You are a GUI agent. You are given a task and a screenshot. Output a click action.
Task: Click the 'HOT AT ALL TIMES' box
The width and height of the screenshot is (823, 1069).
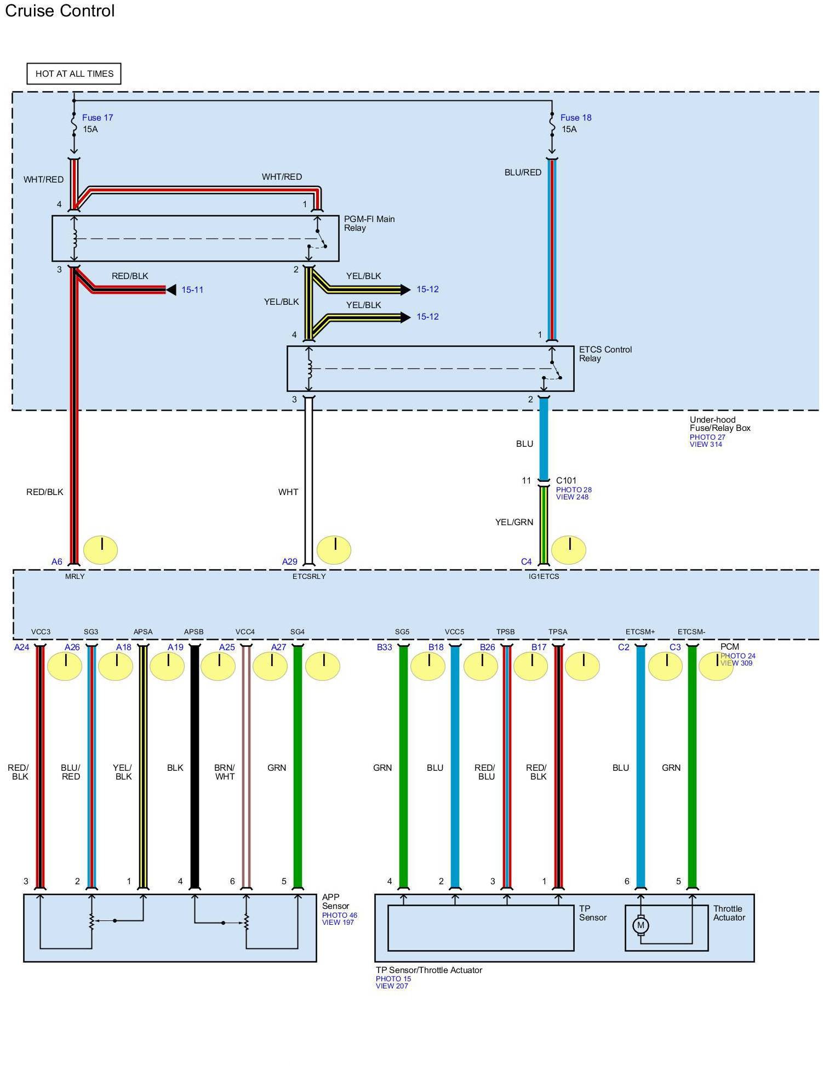coord(74,74)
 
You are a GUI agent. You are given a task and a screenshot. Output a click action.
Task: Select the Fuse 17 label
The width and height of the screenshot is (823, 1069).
coord(97,117)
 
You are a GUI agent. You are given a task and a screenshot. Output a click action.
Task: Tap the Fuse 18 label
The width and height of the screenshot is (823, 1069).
coord(575,117)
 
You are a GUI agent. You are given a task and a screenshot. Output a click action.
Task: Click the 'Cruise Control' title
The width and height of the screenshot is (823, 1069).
coord(60,11)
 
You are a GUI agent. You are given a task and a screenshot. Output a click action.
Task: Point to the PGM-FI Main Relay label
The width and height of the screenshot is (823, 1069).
coord(369,223)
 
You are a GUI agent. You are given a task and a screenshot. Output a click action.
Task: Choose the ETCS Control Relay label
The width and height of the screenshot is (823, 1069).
coord(605,354)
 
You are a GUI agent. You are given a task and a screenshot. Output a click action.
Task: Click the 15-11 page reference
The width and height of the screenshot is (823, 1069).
coord(192,289)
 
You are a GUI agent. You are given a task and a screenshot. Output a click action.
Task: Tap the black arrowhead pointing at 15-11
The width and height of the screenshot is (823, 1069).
coord(171,289)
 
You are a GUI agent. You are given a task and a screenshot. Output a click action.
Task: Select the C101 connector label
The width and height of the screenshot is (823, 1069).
coord(566,480)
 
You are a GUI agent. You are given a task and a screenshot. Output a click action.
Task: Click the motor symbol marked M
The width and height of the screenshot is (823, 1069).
coord(640,925)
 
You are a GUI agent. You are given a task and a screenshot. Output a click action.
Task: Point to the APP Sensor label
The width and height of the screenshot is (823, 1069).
coord(335,901)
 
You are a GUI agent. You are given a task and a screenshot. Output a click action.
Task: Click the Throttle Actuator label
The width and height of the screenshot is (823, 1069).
coord(729,913)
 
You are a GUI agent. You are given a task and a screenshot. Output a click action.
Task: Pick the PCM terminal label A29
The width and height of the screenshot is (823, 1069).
coord(289,561)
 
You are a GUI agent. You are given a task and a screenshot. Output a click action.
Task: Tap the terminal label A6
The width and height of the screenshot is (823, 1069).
coord(57,561)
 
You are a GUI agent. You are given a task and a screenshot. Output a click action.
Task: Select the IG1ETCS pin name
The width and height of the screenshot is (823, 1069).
coord(544,576)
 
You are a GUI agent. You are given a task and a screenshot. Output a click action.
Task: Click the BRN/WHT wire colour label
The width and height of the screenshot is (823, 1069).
coord(225,772)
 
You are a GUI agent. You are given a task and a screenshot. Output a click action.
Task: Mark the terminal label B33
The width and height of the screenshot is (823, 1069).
coord(384,647)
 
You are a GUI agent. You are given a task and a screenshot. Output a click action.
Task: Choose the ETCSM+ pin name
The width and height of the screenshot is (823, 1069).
coord(640,632)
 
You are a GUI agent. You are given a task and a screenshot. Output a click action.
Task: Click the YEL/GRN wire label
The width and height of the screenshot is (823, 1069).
coord(514,522)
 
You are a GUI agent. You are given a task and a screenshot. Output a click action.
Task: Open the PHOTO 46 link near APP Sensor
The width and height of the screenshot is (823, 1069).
coord(339,915)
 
